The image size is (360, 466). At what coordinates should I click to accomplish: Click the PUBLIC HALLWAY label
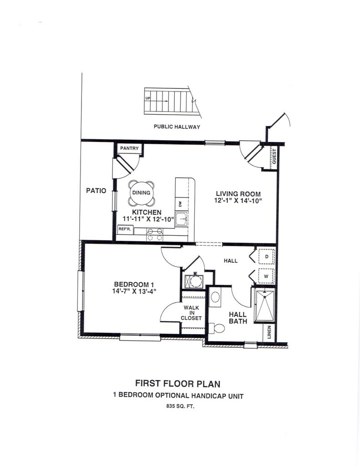tap(177, 127)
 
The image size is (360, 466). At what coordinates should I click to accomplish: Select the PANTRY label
tap(129, 149)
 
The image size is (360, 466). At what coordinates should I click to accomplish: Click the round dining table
tap(141, 193)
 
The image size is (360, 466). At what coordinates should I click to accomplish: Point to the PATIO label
tap(96, 191)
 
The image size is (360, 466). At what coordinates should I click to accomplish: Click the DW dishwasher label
tap(180, 204)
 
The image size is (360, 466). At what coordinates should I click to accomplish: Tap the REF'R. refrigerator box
tap(125, 229)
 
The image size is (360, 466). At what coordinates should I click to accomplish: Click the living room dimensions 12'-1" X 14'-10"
tap(238, 200)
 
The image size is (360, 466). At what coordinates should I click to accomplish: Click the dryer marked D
tap(266, 257)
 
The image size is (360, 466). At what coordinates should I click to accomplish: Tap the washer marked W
tap(266, 276)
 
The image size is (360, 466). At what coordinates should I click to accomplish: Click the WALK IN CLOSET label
tap(191, 313)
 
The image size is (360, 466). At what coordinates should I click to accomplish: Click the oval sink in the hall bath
tap(215, 297)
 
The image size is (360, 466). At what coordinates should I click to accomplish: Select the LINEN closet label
tap(269, 332)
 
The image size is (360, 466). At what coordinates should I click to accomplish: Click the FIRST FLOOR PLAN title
tap(177, 384)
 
